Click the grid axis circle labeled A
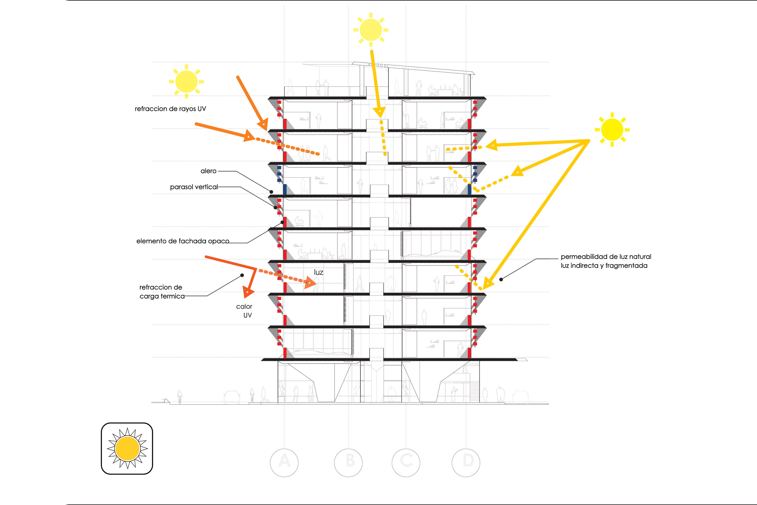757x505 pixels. (284, 463)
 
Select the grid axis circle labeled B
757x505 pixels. (348, 463)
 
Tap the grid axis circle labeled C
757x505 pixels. (406, 463)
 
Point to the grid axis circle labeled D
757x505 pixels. (466, 463)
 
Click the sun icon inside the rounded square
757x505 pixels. (127, 448)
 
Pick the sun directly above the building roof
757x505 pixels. (371, 30)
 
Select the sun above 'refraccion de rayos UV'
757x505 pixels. (186, 82)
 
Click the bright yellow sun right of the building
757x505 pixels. (612, 130)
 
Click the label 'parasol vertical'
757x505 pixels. (194, 187)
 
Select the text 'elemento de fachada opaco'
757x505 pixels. (183, 241)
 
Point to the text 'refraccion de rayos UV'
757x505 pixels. (170, 109)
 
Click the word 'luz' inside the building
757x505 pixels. (319, 272)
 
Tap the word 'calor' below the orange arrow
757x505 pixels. (244, 307)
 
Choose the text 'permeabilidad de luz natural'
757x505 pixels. (606, 257)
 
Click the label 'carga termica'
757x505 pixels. (162, 296)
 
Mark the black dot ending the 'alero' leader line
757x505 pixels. (271, 192)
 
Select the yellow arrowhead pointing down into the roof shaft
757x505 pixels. (380, 113)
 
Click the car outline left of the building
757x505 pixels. (232, 397)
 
